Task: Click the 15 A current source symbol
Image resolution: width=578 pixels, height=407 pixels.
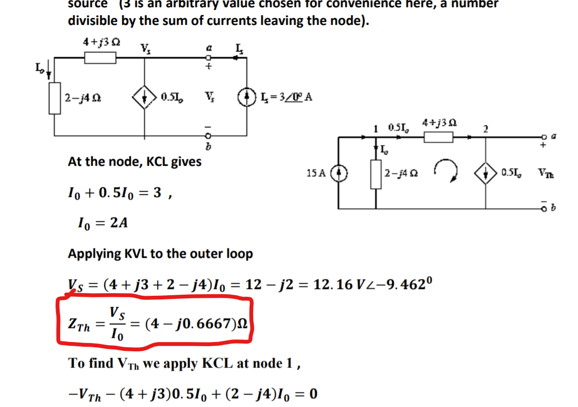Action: pyautogui.click(x=338, y=172)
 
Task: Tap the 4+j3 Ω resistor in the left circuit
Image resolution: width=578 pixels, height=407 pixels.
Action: pyautogui.click(x=100, y=57)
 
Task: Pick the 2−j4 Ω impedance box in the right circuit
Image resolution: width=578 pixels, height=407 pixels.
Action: pyautogui.click(x=376, y=172)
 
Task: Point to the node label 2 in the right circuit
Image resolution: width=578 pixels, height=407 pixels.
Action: pyautogui.click(x=486, y=129)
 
